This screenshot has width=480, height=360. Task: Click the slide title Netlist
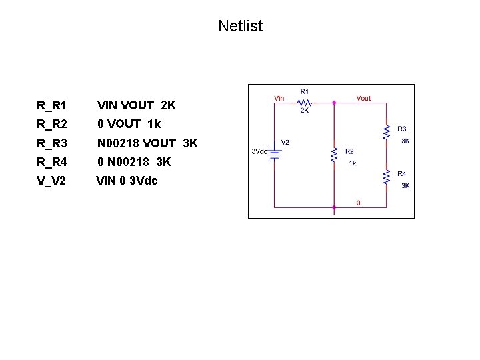(x=240, y=27)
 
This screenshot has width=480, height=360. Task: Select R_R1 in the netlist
(x=52, y=105)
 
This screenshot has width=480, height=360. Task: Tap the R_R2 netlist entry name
(x=52, y=124)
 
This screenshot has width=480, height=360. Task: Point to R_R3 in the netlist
(x=52, y=143)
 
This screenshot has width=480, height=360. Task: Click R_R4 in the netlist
(x=52, y=161)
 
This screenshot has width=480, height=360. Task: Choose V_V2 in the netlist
(x=51, y=180)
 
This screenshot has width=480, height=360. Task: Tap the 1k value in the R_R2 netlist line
(x=153, y=124)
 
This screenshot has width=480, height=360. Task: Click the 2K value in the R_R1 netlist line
(x=168, y=105)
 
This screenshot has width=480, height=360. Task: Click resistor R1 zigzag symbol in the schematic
(x=305, y=103)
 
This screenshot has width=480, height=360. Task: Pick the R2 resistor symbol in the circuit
(x=334, y=155)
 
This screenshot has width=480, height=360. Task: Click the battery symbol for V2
(x=273, y=153)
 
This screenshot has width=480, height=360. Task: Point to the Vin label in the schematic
(x=279, y=98)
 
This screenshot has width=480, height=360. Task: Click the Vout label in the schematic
(x=363, y=99)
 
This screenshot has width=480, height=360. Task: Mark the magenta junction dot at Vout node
(x=334, y=103)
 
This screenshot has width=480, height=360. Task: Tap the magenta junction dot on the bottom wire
(x=334, y=207)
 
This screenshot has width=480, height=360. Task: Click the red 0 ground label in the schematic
(x=358, y=203)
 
